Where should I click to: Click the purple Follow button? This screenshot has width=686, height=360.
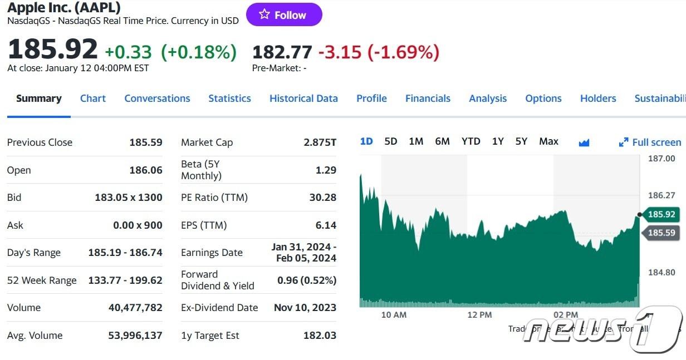pyautogui.click(x=284, y=15)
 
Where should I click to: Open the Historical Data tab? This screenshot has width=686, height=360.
pyautogui.click(x=303, y=98)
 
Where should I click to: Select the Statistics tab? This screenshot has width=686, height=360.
pyautogui.click(x=229, y=98)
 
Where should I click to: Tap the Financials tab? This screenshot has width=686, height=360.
pyautogui.click(x=428, y=98)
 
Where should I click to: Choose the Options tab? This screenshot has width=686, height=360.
pyautogui.click(x=543, y=98)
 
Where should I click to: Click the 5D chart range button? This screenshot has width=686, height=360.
pyautogui.click(x=391, y=141)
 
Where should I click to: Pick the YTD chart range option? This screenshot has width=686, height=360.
pyautogui.click(x=471, y=141)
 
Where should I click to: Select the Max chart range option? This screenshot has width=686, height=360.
pyautogui.click(x=548, y=141)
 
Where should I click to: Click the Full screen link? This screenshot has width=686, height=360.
pyautogui.click(x=650, y=142)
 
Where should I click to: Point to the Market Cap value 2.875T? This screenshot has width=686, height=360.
pyautogui.click(x=320, y=142)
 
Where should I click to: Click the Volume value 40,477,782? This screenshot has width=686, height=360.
pyautogui.click(x=135, y=308)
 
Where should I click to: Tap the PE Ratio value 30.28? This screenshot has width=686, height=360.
pyautogui.click(x=323, y=198)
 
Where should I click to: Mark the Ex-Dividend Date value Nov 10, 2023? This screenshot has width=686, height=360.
pyautogui.click(x=305, y=308)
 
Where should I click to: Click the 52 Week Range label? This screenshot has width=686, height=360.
pyautogui.click(x=42, y=280)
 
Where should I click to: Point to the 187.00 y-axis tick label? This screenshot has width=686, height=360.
pyautogui.click(x=661, y=159)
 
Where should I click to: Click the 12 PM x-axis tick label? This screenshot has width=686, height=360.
pyautogui.click(x=479, y=315)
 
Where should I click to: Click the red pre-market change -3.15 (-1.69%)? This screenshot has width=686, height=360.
pyautogui.click(x=379, y=52)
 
